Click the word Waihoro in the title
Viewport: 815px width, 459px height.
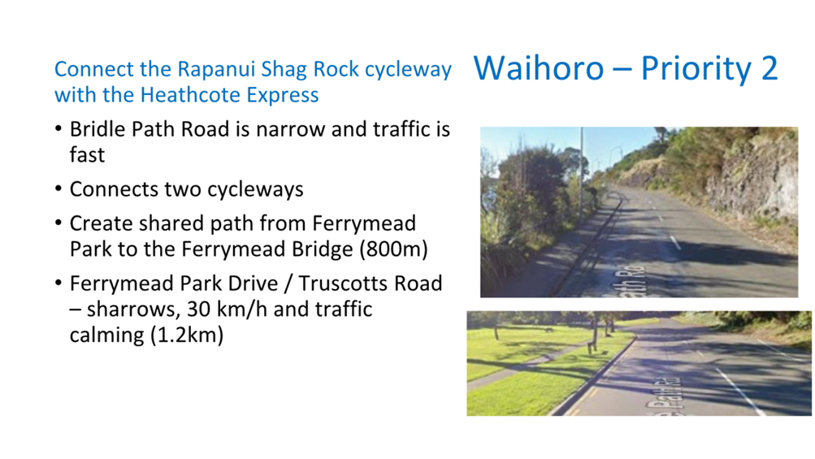tap(539, 68)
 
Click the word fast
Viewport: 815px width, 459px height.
tap(87, 155)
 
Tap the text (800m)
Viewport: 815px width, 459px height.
tap(393, 249)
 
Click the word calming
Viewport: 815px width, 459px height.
tap(106, 336)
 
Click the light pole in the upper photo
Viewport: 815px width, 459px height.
tap(582, 174)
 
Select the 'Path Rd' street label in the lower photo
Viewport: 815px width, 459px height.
tap(662, 396)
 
